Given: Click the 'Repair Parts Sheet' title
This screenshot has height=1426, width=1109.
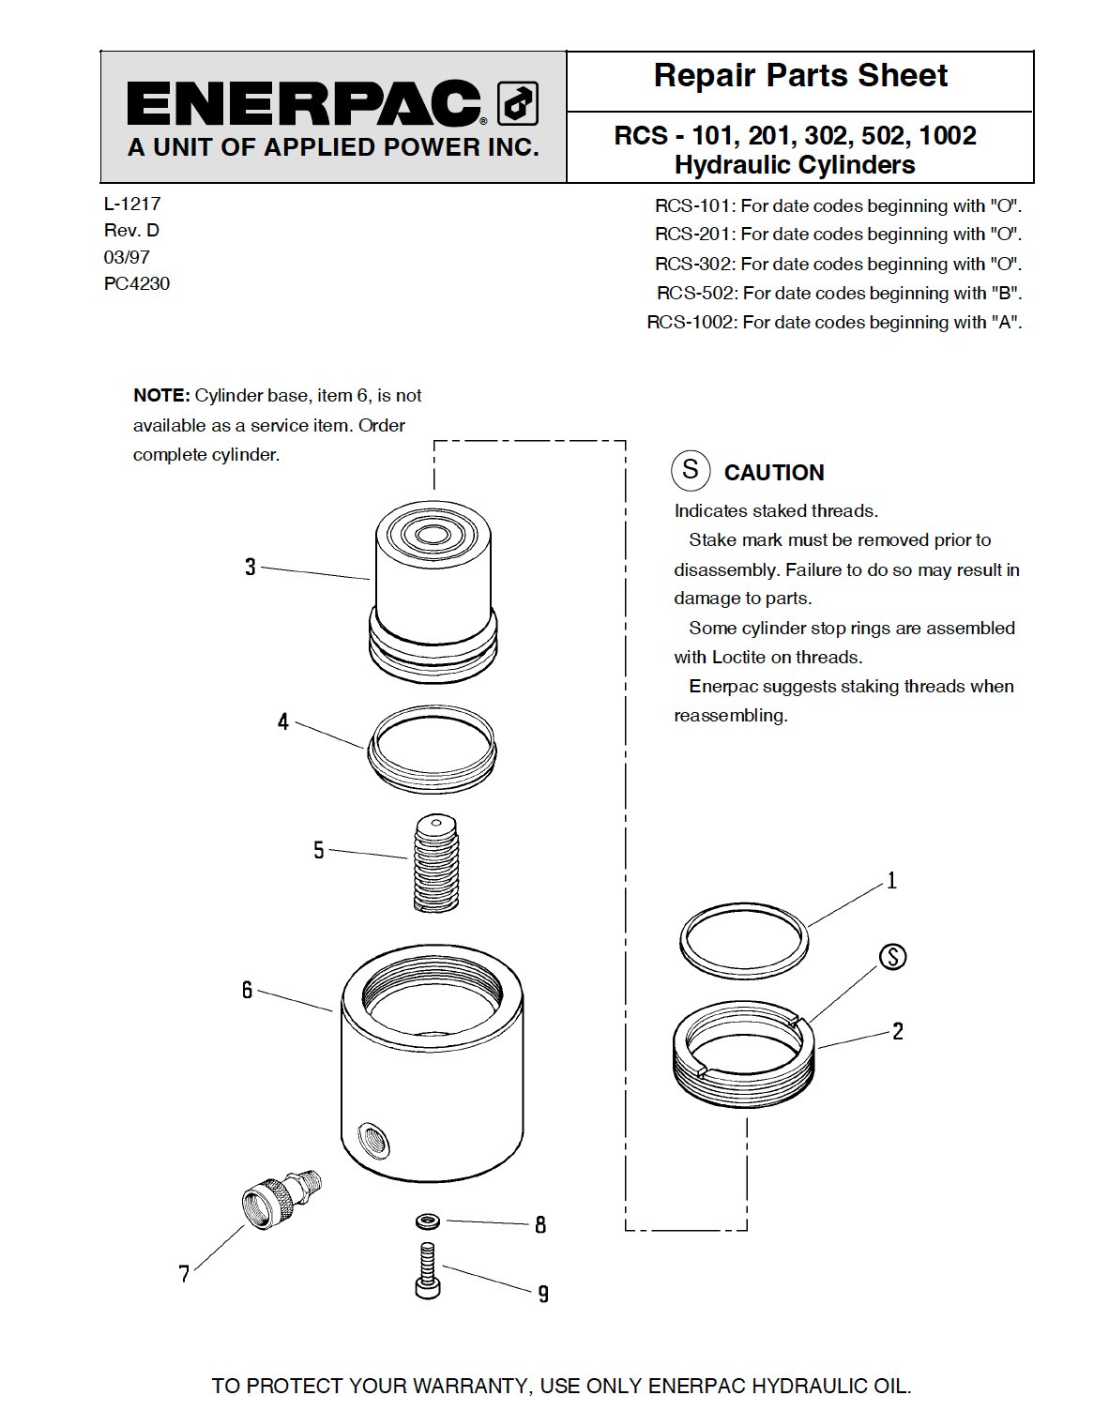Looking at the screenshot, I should tap(799, 75).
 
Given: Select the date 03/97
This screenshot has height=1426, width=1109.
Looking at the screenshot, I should tap(127, 257).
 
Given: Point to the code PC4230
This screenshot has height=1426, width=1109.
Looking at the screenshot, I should tap(137, 283).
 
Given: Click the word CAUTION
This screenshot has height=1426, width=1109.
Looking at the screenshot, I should tap(774, 473).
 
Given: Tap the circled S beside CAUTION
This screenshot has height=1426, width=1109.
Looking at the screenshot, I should tap(691, 469).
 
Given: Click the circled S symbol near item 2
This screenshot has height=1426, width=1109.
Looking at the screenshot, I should tap(893, 957).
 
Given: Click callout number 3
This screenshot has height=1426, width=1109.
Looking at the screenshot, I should tap(251, 567).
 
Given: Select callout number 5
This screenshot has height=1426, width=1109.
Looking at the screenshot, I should tap(319, 850).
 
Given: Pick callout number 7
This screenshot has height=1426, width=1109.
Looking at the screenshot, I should tap(185, 1273).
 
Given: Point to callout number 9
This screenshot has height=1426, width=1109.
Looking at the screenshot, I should tap(543, 1294).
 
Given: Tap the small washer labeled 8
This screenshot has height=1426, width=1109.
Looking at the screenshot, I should tap(429, 1221).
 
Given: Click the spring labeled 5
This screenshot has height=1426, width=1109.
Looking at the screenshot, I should tap(436, 863).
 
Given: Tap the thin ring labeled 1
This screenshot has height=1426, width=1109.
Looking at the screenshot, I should tap(743, 941).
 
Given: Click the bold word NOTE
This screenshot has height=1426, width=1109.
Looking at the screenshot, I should tap(161, 396).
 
